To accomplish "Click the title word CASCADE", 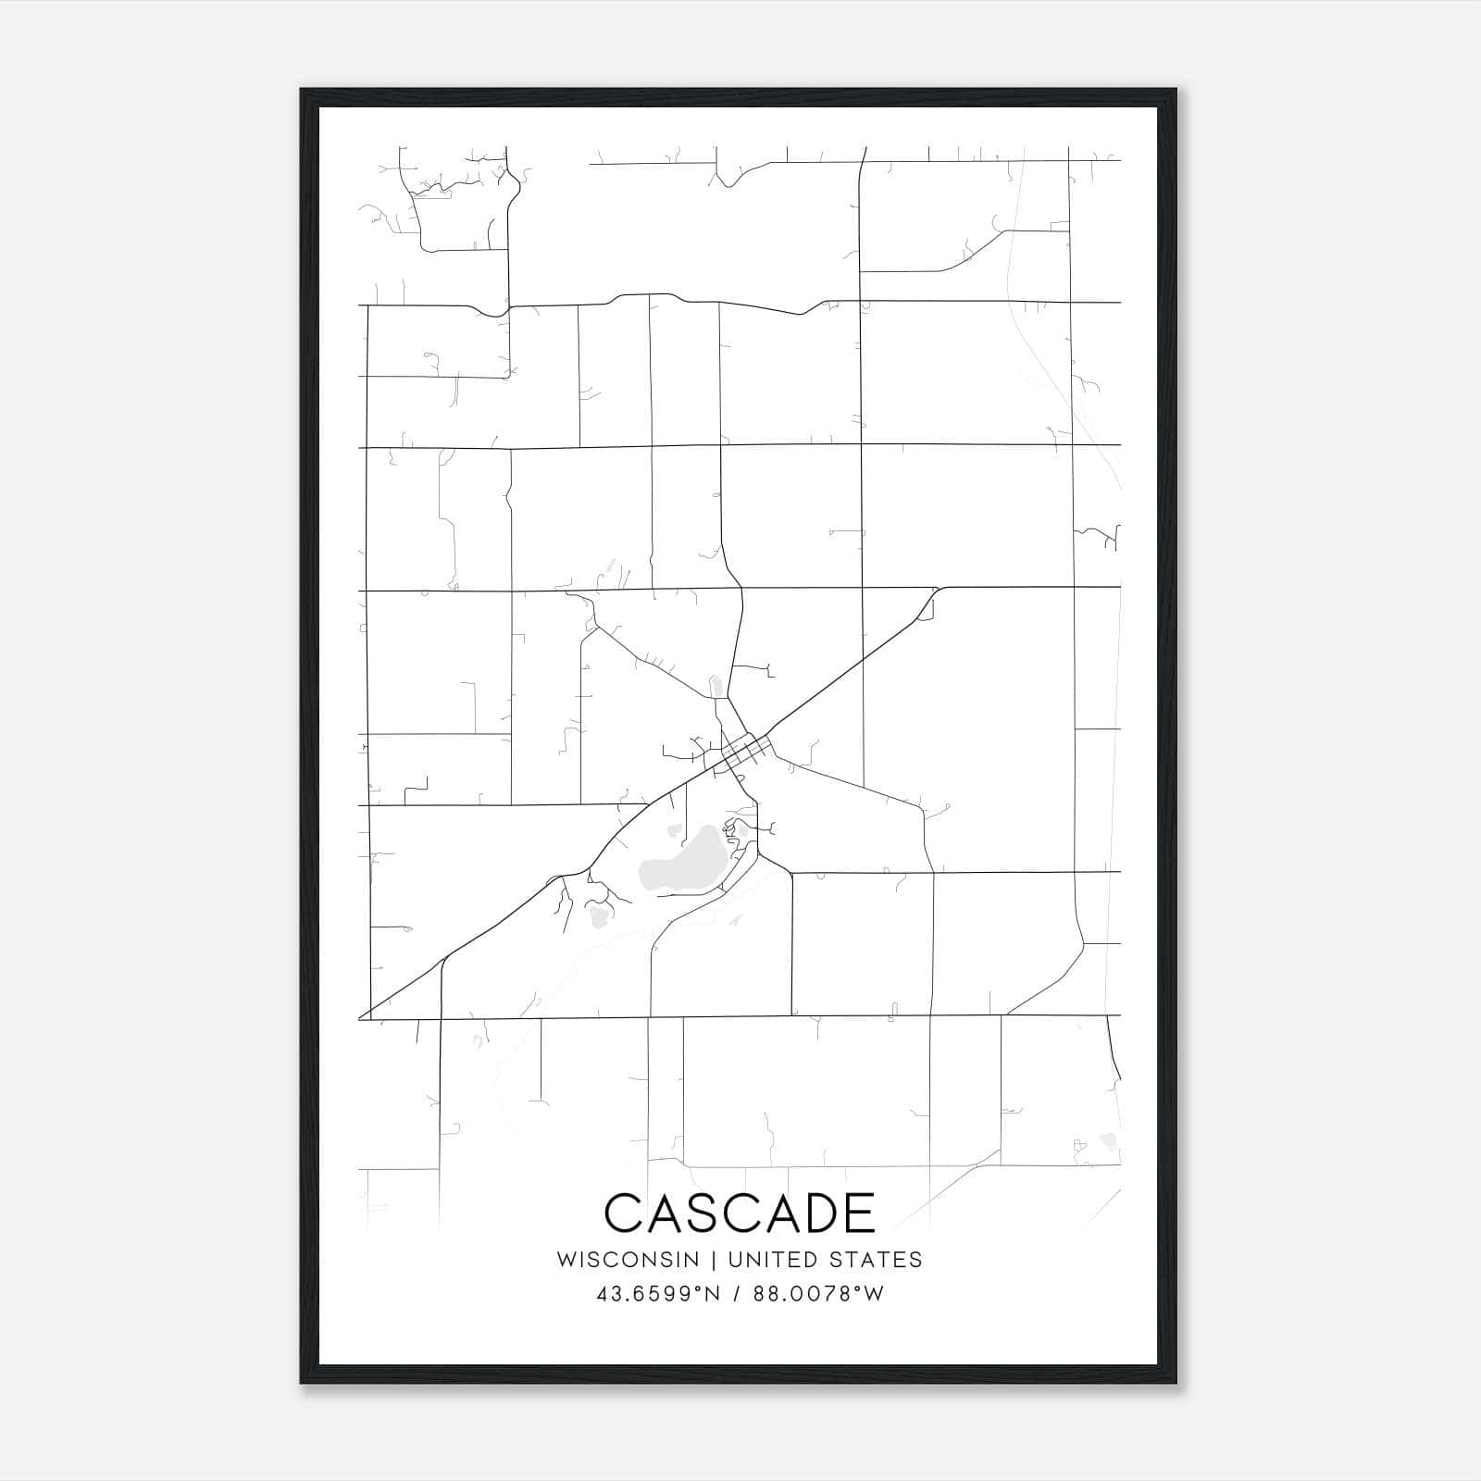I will point(740,1213).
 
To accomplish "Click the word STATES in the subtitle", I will point(877,1260).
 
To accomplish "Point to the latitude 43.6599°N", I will point(658,1294).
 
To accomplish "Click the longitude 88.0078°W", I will point(818,1294).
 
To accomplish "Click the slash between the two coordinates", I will point(737,1294).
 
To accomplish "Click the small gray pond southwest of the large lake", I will point(598,916).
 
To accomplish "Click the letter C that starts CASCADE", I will point(623,1213).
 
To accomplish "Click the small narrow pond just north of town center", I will point(714,687).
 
